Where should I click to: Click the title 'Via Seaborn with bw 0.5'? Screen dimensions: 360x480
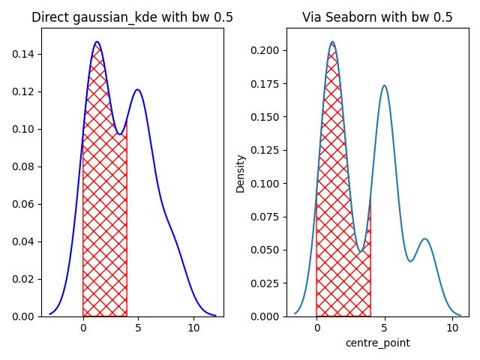coord(377,17)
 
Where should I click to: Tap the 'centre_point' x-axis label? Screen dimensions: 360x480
coord(377,343)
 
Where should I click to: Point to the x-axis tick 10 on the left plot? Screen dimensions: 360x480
coord(193,328)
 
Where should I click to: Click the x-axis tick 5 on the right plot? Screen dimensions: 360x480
coord(384,328)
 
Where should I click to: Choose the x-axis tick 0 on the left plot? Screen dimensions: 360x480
coord(83,328)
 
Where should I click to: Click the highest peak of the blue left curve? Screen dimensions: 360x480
coord(97,42)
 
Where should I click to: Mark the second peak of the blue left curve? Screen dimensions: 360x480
coord(137,90)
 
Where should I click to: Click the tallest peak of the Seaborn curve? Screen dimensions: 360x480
coord(332,43)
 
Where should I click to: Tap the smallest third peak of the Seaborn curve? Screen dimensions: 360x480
coord(425,239)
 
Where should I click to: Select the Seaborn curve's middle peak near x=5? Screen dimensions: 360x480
coord(384,85)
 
